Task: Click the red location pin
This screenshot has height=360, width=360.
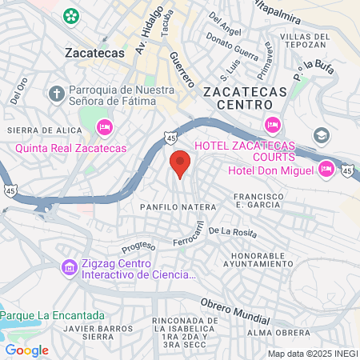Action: click(x=180, y=163)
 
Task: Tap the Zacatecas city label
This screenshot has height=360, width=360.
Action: click(x=94, y=52)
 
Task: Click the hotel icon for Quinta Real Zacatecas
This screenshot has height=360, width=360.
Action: click(x=104, y=127)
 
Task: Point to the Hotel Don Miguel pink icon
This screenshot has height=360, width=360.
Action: click(x=326, y=169)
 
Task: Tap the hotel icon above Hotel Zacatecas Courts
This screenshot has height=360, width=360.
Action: click(x=272, y=125)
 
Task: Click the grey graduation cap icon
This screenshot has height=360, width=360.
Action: click(x=322, y=134)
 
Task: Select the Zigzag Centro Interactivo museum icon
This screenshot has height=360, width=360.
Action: click(x=69, y=266)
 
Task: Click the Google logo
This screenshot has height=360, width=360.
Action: click(x=27, y=350)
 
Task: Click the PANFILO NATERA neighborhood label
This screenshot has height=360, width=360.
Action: click(x=166, y=207)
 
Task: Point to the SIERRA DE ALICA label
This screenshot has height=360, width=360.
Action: click(x=34, y=130)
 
